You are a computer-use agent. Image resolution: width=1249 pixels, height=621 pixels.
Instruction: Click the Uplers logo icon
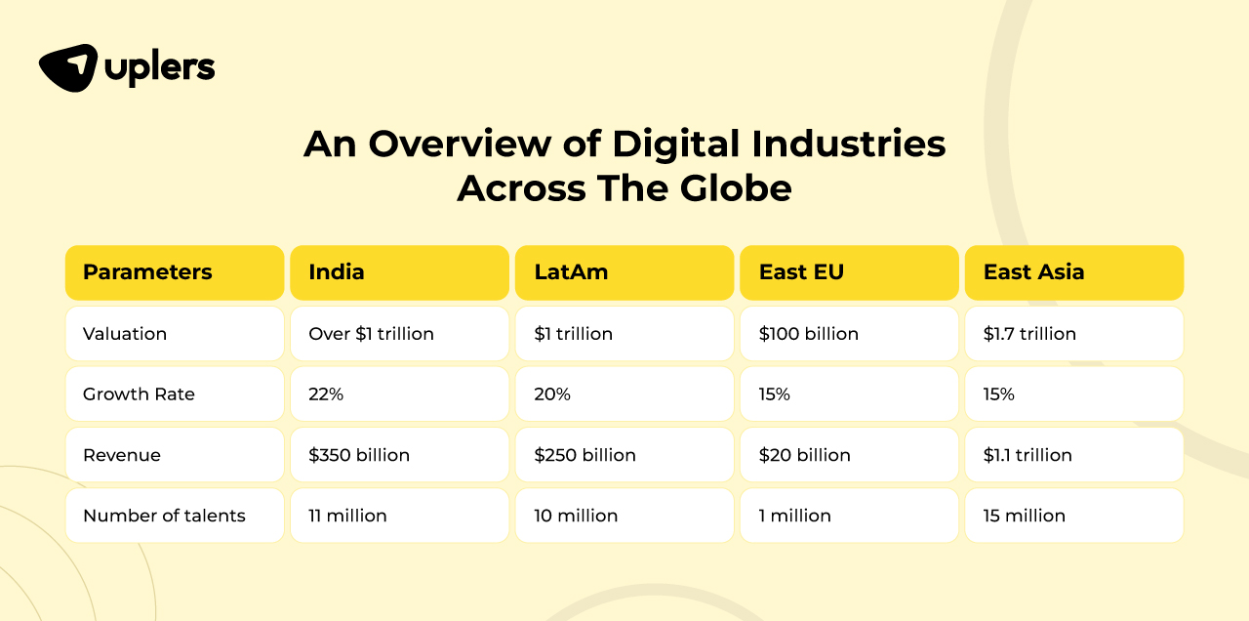tap(68, 68)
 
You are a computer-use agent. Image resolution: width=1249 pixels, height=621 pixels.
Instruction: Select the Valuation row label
tap(125, 334)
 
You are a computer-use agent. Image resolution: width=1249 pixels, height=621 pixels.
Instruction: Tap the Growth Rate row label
tap(139, 394)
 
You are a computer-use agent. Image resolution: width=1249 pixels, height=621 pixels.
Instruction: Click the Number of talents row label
tap(164, 516)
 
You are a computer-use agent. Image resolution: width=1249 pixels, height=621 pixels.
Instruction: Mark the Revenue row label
tap(122, 455)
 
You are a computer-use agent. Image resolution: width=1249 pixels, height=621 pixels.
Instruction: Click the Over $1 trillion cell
tap(371, 334)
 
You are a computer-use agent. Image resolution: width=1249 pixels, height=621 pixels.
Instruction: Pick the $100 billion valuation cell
tap(809, 334)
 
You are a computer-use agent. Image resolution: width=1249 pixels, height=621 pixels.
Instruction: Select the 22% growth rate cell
tap(326, 394)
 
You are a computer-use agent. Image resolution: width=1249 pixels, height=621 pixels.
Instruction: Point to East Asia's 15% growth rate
tap(999, 394)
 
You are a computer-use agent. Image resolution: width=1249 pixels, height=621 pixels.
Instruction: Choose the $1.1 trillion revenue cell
tap(1027, 455)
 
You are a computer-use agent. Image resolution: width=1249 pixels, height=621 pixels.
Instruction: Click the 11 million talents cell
tap(347, 516)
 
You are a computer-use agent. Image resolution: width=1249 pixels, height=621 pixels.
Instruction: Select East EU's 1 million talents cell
tap(795, 516)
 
